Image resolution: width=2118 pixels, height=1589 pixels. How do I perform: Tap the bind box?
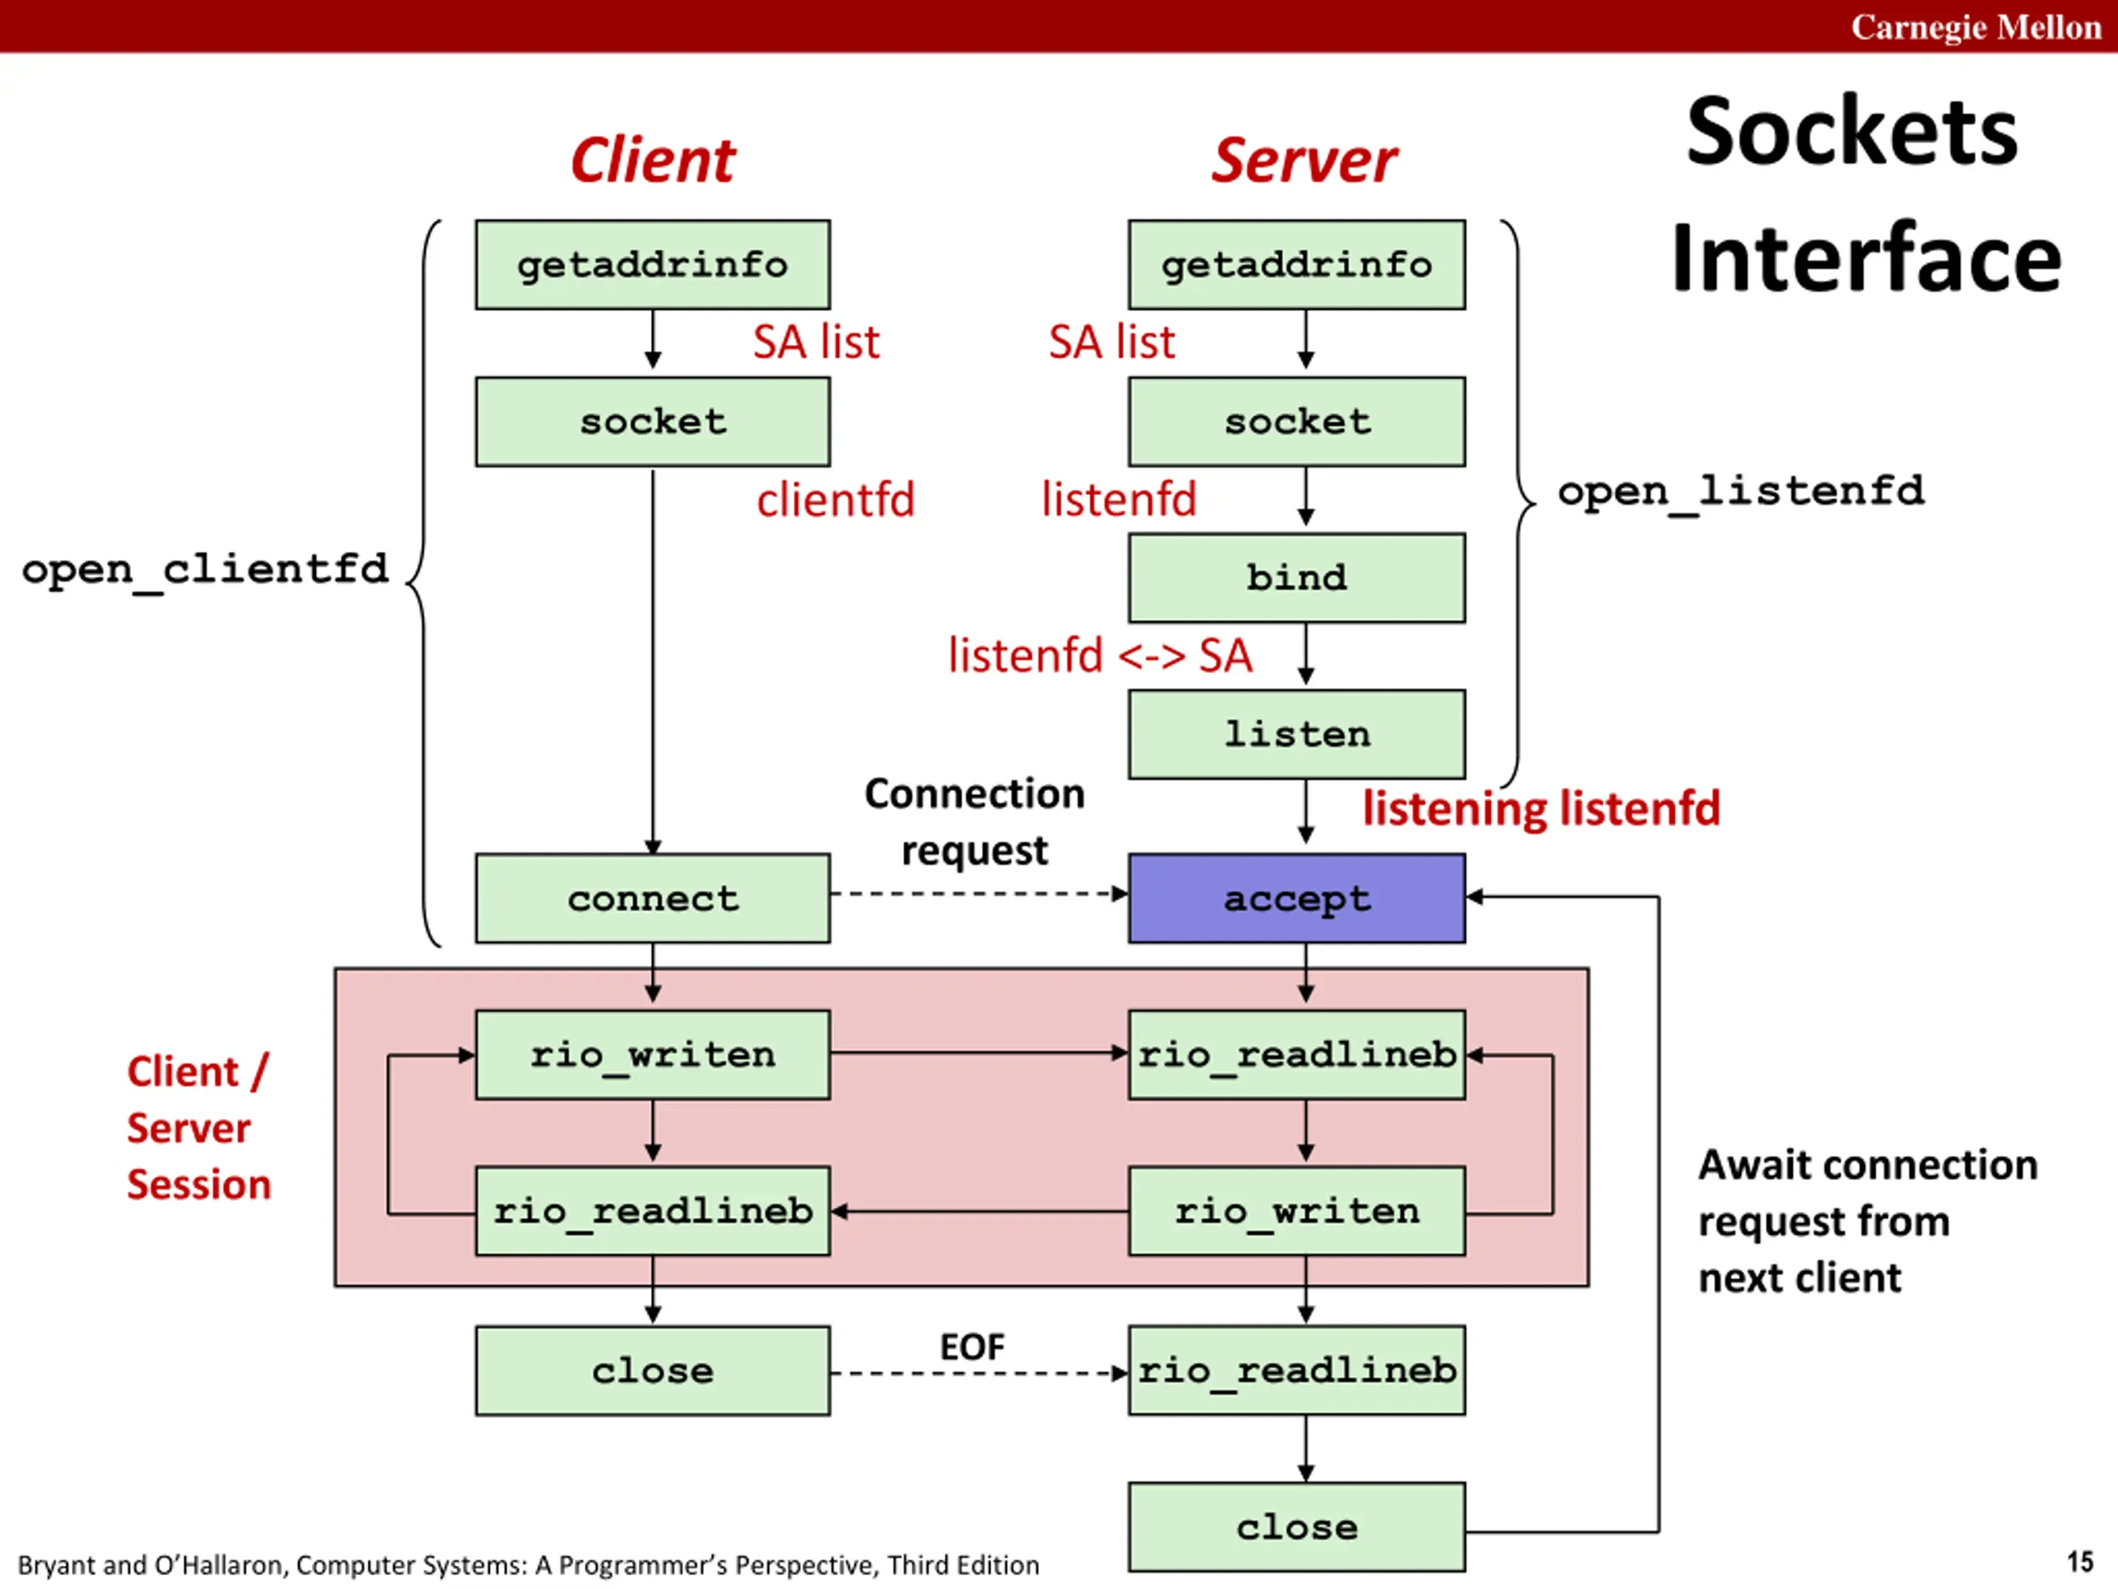1296,578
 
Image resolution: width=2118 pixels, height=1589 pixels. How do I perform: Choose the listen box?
1296,735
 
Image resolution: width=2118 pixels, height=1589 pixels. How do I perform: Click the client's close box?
652,1371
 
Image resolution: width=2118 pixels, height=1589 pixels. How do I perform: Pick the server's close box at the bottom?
1296,1527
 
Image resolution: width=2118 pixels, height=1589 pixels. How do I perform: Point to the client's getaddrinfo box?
652,264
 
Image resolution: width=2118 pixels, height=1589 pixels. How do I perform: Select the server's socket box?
1296,421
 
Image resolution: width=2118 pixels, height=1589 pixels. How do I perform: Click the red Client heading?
653,160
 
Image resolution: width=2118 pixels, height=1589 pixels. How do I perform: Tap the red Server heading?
1304,160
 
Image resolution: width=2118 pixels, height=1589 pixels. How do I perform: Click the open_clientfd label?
205,569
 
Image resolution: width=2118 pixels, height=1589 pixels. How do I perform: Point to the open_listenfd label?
1740,492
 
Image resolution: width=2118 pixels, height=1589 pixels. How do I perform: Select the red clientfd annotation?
835,500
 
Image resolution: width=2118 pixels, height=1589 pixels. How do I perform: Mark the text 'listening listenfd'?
1541,809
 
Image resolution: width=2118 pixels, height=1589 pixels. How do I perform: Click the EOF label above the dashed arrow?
972,1347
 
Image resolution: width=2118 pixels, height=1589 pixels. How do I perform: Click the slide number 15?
2079,1563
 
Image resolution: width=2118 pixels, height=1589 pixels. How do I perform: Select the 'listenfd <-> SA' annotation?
1100,656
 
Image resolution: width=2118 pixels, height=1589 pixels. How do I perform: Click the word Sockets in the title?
1852,132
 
